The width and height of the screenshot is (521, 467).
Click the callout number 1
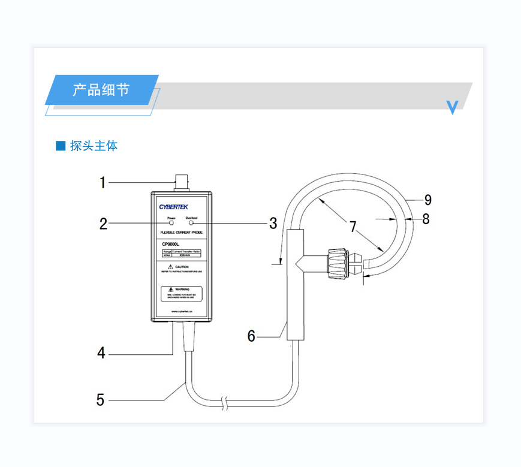click(x=103, y=182)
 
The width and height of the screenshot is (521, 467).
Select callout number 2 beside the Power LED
click(x=103, y=224)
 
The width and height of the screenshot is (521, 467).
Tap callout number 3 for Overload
click(x=273, y=224)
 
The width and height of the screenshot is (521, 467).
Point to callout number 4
click(x=101, y=353)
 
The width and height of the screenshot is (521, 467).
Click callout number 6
click(x=252, y=336)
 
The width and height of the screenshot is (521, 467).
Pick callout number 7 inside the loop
click(x=353, y=227)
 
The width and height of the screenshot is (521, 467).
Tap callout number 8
click(x=426, y=219)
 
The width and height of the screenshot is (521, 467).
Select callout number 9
click(x=427, y=200)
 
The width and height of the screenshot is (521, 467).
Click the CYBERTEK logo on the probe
click(x=174, y=206)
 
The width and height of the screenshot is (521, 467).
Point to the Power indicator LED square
click(x=171, y=223)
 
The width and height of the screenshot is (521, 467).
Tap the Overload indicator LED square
click(x=191, y=223)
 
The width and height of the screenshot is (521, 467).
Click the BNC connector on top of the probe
click(x=181, y=182)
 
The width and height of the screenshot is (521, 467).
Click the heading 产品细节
click(x=101, y=91)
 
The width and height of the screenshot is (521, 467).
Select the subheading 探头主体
click(x=94, y=146)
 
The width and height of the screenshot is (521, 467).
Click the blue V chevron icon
click(x=453, y=107)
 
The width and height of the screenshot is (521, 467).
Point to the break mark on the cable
click(x=225, y=402)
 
